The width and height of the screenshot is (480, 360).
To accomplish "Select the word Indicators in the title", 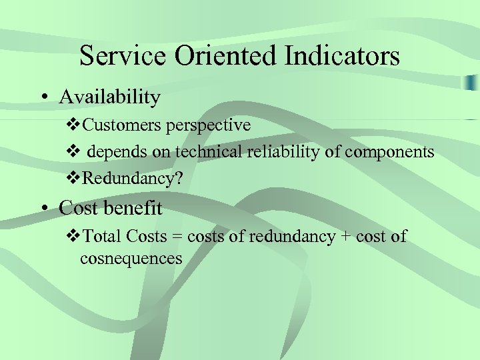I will (342, 56).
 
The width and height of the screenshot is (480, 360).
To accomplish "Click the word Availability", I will (109, 97).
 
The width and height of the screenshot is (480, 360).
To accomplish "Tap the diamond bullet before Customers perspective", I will (75, 125).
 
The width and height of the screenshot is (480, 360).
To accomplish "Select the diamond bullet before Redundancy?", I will (75, 179).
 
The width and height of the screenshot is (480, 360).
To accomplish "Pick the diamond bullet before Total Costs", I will (75, 237).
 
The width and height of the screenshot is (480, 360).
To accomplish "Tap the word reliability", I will (281, 152).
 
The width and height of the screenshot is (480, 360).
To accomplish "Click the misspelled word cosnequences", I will (131, 259).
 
